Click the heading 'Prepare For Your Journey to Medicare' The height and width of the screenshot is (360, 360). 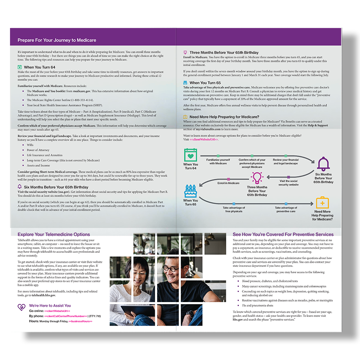(57, 40)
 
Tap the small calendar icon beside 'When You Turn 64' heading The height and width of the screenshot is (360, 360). (20, 67)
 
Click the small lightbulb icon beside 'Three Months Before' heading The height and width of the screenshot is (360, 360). (185, 52)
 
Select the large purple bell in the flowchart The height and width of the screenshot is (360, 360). (323, 164)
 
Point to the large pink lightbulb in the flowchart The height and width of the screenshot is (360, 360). (257, 177)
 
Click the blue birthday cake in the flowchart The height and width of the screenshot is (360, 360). (191, 191)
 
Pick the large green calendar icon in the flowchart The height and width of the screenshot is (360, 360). (190, 155)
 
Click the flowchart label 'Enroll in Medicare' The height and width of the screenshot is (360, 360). (228, 183)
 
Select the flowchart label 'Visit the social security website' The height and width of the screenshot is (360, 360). (288, 183)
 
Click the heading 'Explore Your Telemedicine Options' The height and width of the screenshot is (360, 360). (54, 234)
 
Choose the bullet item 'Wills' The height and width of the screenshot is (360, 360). (30, 145)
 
